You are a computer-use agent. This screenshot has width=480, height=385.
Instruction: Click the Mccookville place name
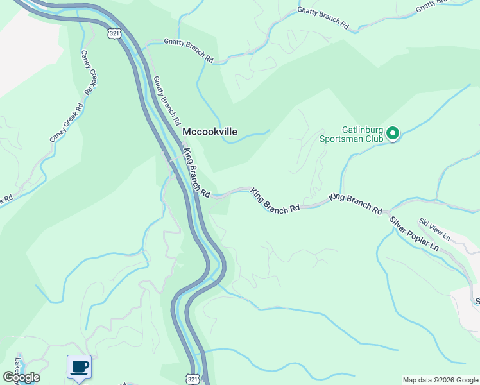(x=210, y=132)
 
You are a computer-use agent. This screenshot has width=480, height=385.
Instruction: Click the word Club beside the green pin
(x=375, y=139)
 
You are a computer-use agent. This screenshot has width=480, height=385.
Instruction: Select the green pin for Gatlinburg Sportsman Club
(x=393, y=133)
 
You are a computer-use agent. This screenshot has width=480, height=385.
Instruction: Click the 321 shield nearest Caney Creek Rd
(x=114, y=32)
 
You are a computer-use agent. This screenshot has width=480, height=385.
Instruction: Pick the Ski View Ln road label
(x=435, y=230)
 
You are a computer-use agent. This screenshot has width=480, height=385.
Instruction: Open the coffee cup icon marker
(x=80, y=367)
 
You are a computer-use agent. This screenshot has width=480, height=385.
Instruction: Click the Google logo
(x=22, y=377)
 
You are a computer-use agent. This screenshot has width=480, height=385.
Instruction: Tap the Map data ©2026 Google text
(x=440, y=380)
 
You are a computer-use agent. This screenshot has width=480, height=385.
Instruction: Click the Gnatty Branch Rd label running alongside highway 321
(x=166, y=101)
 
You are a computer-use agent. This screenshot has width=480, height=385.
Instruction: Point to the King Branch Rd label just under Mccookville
(x=196, y=173)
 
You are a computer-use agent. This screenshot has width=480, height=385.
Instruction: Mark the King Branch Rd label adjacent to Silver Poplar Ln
(x=356, y=205)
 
